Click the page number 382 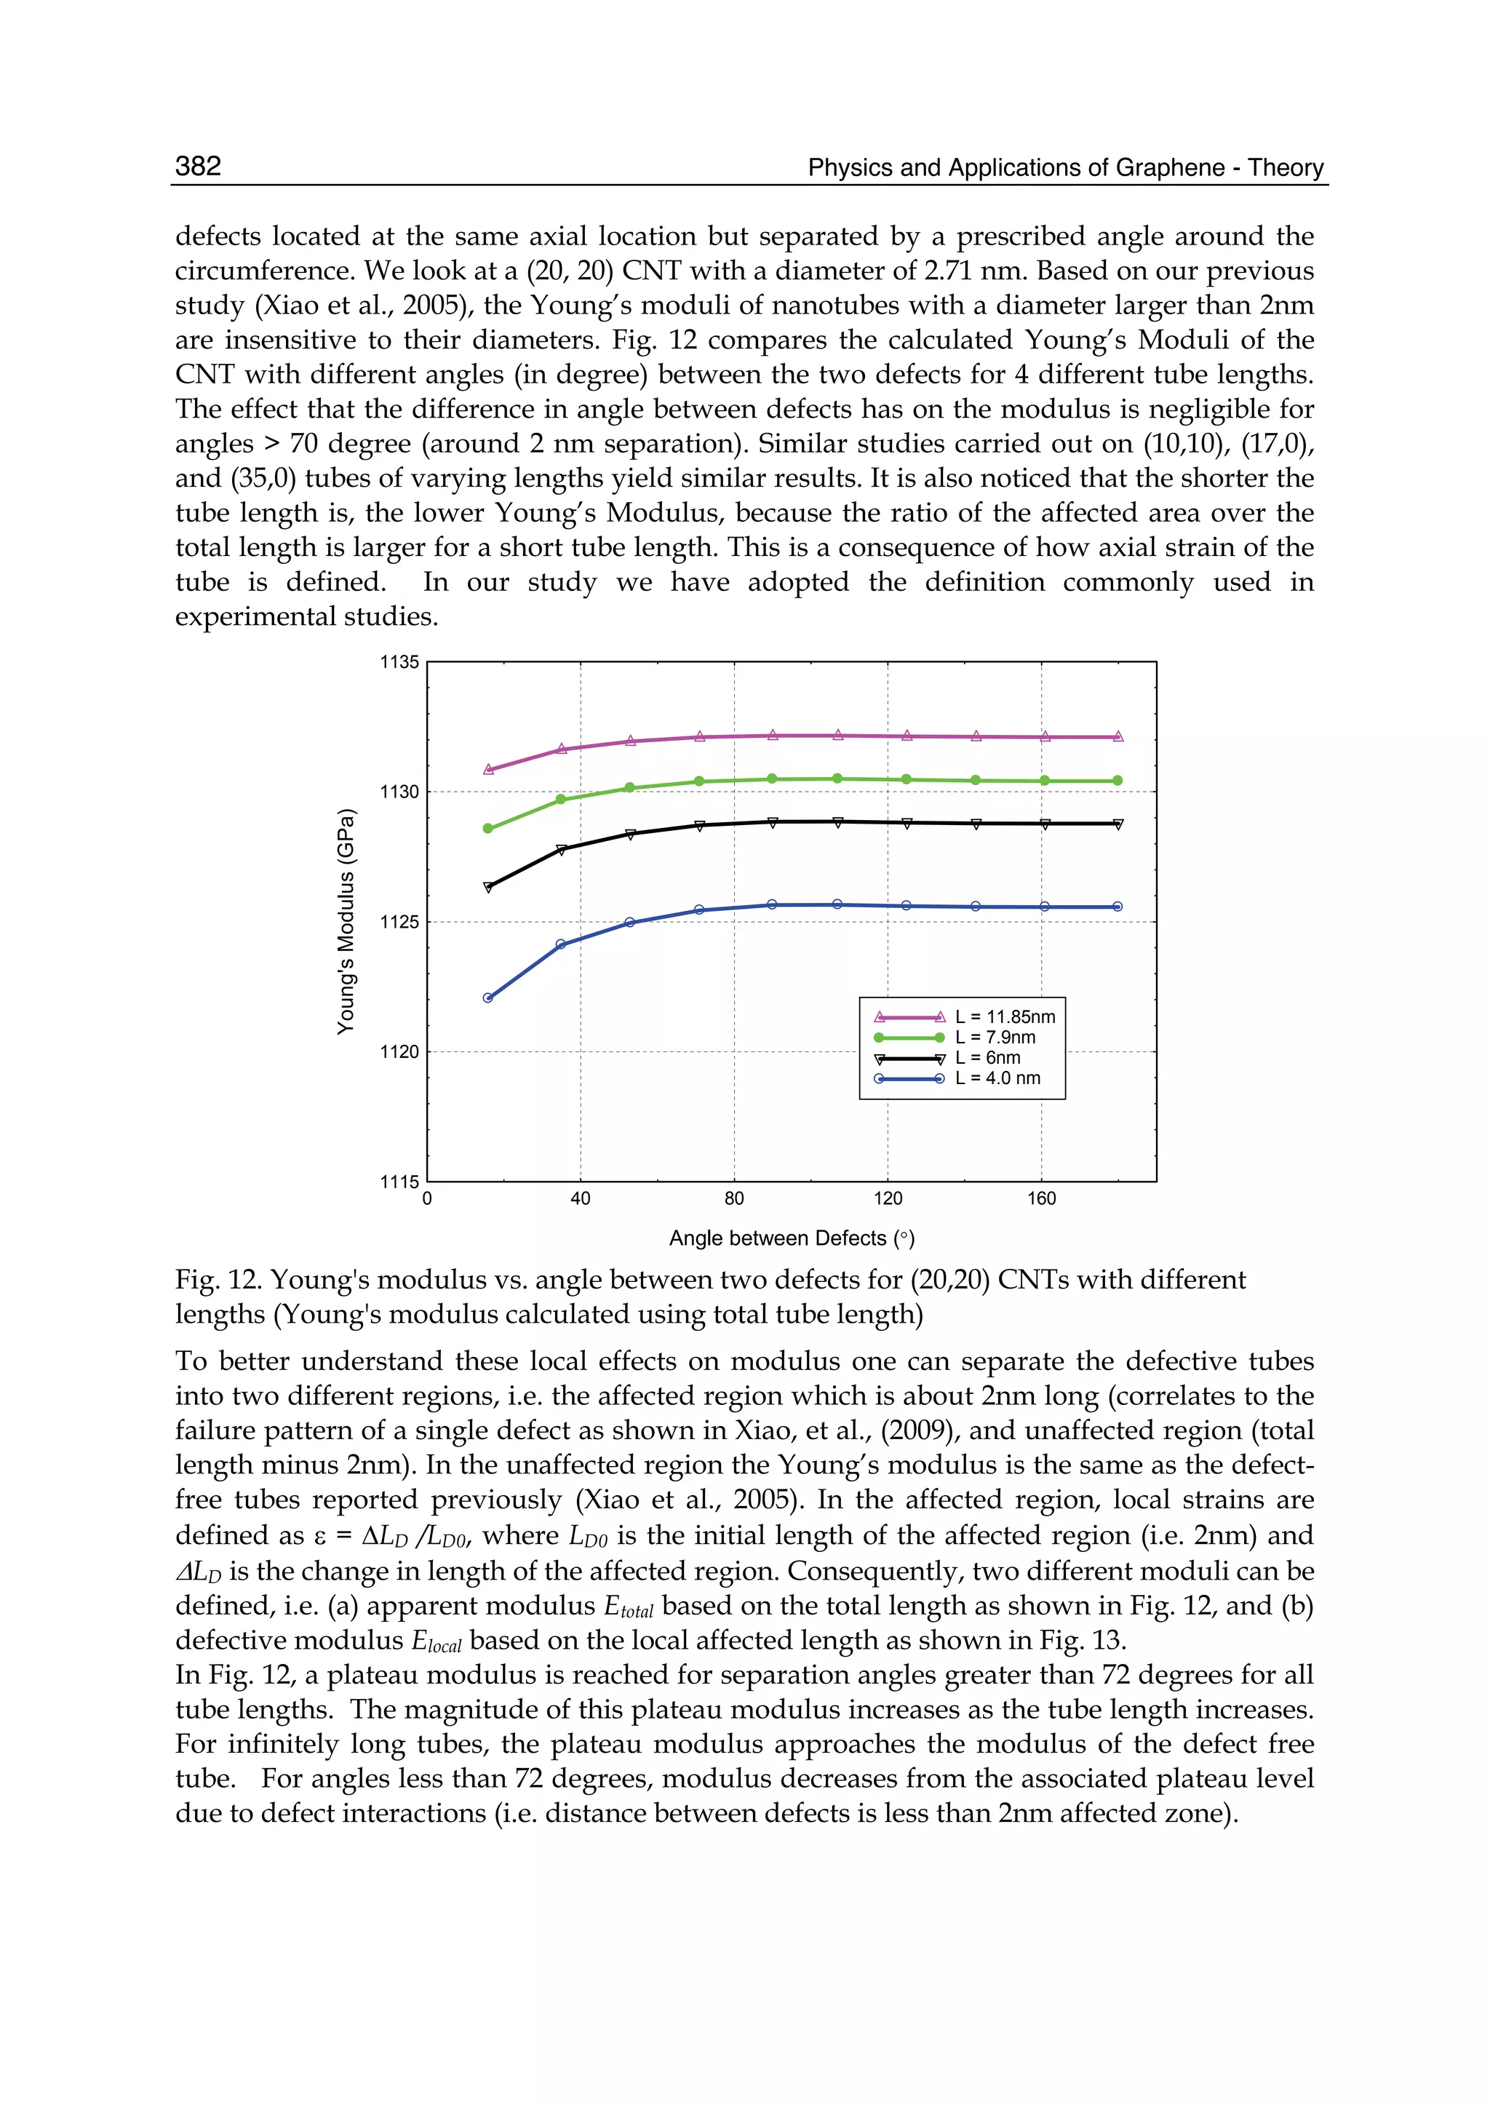pyautogui.click(x=198, y=166)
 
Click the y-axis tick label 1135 pyautogui.click(x=399, y=662)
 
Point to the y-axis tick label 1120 pyautogui.click(x=399, y=1051)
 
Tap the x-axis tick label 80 pyautogui.click(x=734, y=1198)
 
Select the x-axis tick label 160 pyautogui.click(x=1041, y=1198)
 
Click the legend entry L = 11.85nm pyautogui.click(x=1005, y=1016)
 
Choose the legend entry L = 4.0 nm pyautogui.click(x=997, y=1078)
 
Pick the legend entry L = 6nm pyautogui.click(x=987, y=1058)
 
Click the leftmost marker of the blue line pyautogui.click(x=488, y=998)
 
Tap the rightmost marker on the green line pyautogui.click(x=1117, y=781)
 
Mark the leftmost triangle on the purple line pyautogui.click(x=488, y=769)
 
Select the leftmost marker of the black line pyautogui.click(x=488, y=886)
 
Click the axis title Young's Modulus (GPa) pyautogui.click(x=345, y=921)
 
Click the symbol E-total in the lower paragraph pyautogui.click(x=628, y=1607)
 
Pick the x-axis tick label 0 pyautogui.click(x=428, y=1198)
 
